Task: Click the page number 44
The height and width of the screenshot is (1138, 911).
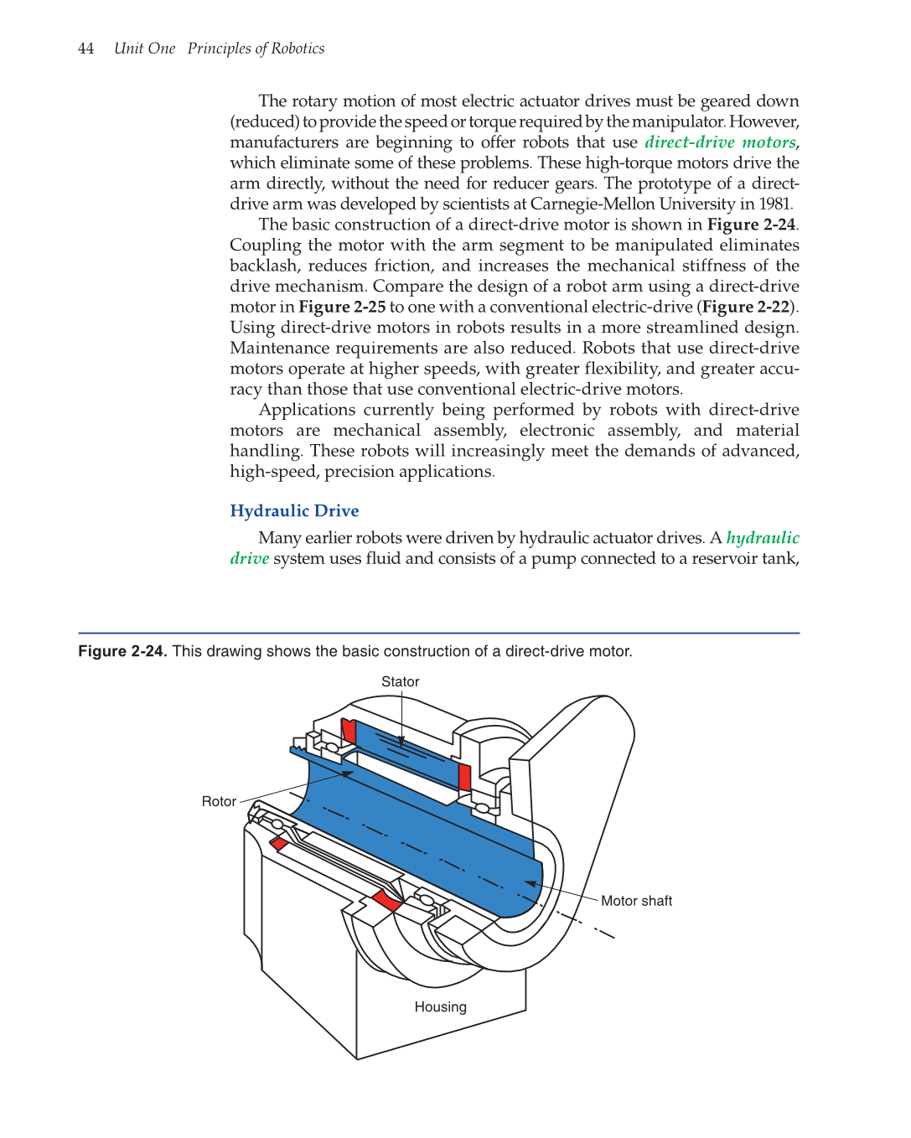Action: coord(85,49)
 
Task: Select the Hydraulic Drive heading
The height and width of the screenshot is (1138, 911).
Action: coord(294,511)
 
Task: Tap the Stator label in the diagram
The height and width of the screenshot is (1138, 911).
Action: coord(400,682)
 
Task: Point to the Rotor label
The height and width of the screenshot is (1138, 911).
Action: coord(219,802)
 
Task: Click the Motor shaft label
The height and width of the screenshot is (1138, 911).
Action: coord(636,901)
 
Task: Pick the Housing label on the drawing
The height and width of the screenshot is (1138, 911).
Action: coord(440,1007)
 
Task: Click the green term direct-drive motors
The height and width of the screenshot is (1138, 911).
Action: coord(720,142)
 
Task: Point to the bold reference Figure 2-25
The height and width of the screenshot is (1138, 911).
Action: coord(342,308)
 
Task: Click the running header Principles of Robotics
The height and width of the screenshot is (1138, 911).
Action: coord(256,49)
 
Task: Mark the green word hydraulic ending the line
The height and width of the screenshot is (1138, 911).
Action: coord(763,538)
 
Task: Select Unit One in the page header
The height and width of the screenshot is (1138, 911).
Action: coord(144,49)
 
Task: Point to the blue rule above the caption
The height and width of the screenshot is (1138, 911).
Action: coord(438,633)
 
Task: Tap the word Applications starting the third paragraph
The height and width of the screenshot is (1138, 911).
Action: coord(307,411)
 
